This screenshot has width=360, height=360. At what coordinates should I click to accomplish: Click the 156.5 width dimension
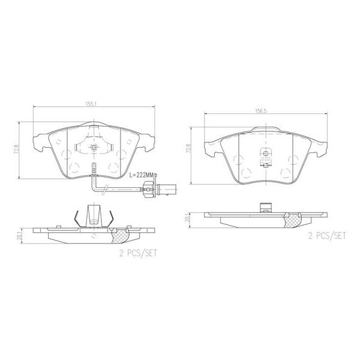click(x=261, y=110)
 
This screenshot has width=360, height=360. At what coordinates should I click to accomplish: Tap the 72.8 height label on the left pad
click(x=23, y=146)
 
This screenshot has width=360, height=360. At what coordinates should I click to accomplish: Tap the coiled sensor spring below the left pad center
click(x=92, y=169)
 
